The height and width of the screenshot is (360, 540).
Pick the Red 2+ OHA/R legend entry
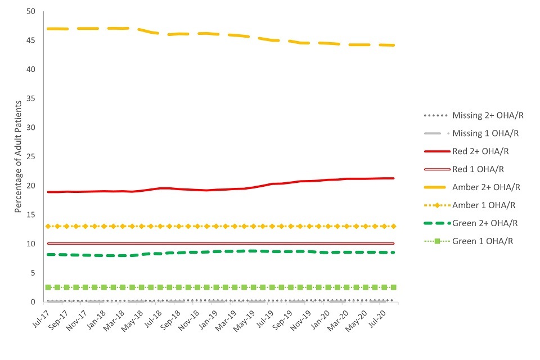click(481, 151)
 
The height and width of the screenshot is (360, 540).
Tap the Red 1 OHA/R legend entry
click(478, 169)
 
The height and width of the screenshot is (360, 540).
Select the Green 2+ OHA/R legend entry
click(485, 223)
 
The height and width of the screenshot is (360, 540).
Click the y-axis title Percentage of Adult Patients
click(18, 157)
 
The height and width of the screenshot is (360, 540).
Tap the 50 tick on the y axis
click(30, 12)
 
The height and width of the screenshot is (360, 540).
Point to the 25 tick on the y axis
click(30, 157)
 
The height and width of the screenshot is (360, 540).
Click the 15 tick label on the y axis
click(30, 215)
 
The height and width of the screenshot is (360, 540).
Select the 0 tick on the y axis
click(33, 302)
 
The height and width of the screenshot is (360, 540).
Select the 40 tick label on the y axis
click(30, 70)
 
